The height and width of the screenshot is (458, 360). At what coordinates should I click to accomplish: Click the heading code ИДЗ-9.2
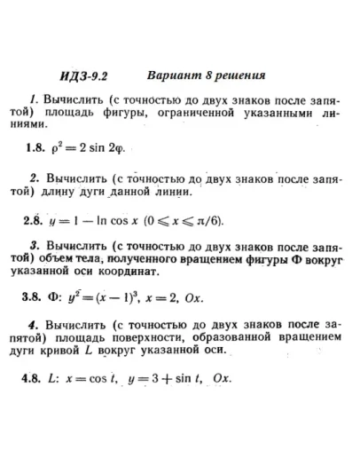click(87, 76)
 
